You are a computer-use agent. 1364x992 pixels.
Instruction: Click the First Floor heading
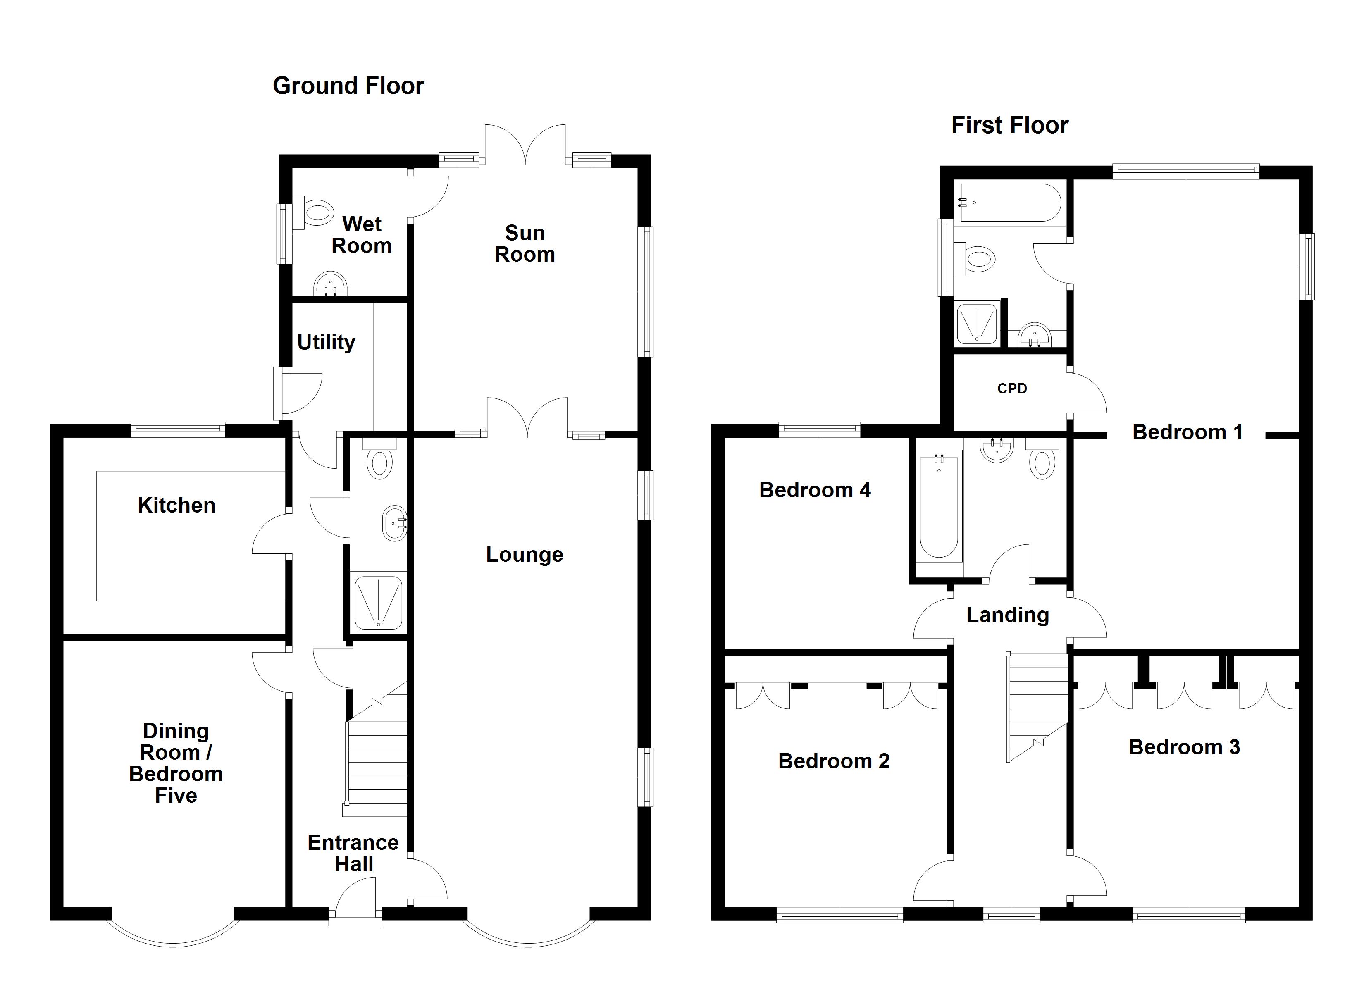click(x=1009, y=125)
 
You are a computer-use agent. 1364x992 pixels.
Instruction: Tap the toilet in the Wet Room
click(x=317, y=212)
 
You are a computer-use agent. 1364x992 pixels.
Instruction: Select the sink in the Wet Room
click(x=330, y=284)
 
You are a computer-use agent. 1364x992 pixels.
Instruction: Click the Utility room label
click(x=326, y=342)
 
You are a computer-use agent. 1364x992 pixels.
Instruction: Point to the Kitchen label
click(x=176, y=506)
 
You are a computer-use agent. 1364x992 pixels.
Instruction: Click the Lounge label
click(x=525, y=555)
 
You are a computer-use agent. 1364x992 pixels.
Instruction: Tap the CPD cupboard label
click(x=1012, y=389)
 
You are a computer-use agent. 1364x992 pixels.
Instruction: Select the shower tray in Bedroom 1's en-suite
click(x=977, y=324)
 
